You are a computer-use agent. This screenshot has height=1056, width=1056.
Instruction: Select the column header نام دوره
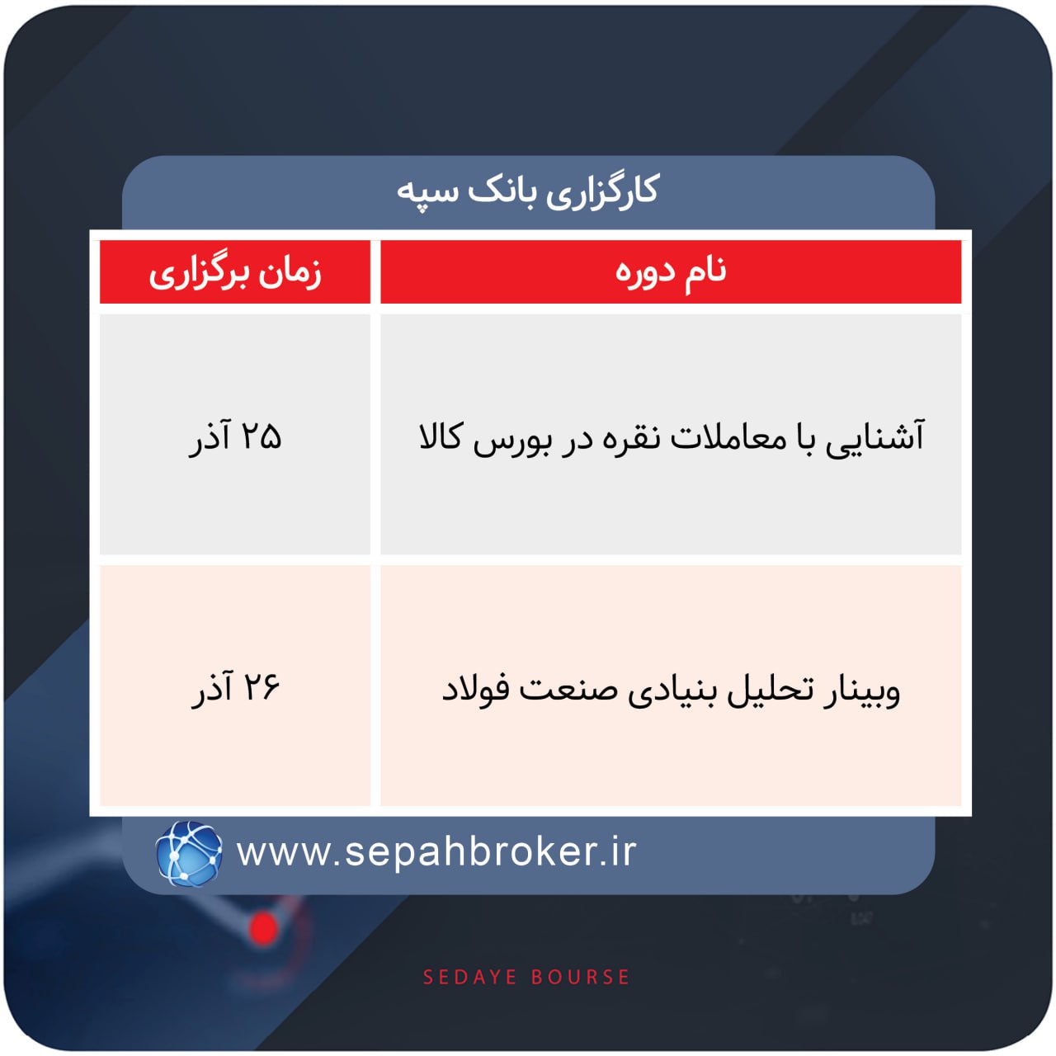click(671, 271)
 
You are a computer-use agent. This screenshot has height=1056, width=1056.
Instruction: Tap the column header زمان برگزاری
click(235, 272)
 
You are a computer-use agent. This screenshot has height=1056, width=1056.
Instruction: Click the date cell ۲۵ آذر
click(236, 436)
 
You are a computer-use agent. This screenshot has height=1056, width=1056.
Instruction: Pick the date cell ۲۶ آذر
click(236, 687)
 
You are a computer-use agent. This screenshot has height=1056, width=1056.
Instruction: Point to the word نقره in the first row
click(628, 437)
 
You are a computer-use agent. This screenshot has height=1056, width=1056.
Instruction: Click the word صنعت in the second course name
click(566, 689)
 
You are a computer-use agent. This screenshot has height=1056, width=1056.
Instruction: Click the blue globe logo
click(189, 853)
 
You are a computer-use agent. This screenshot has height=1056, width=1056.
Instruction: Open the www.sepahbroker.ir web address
click(436, 852)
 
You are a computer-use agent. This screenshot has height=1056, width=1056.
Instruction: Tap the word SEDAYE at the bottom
click(469, 978)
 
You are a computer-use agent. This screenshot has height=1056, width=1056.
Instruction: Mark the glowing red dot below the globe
click(264, 928)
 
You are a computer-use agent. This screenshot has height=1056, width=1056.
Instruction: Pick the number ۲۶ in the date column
click(262, 687)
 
